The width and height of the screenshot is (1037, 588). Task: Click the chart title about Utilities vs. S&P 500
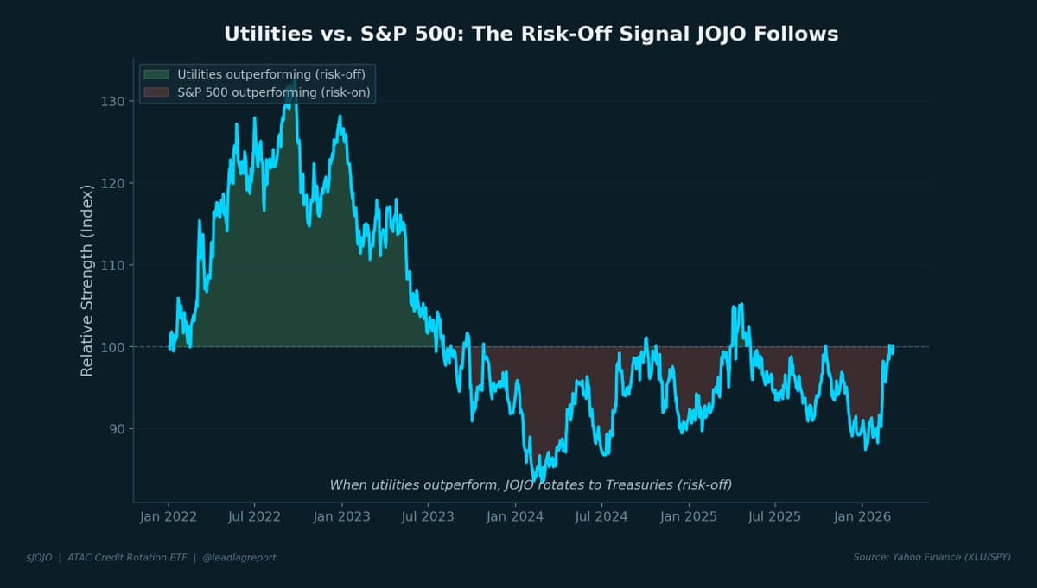[x=531, y=34]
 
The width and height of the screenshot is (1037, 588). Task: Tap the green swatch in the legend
[x=156, y=74]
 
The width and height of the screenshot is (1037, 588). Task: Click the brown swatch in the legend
[x=156, y=92]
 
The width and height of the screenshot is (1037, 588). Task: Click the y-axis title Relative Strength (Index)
[x=86, y=281]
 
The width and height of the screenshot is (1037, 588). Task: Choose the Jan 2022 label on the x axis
[x=169, y=517]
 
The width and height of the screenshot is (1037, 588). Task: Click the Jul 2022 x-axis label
[x=254, y=517]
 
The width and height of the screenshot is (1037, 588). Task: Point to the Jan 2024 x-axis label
[x=515, y=517]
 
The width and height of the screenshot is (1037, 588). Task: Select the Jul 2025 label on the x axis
[x=774, y=517]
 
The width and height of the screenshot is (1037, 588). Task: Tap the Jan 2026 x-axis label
[x=862, y=517]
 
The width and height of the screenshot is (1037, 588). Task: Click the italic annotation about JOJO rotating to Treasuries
[x=531, y=485]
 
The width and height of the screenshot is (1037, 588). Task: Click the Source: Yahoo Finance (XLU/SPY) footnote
[x=932, y=558]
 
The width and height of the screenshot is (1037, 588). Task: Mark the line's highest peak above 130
[x=294, y=80]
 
